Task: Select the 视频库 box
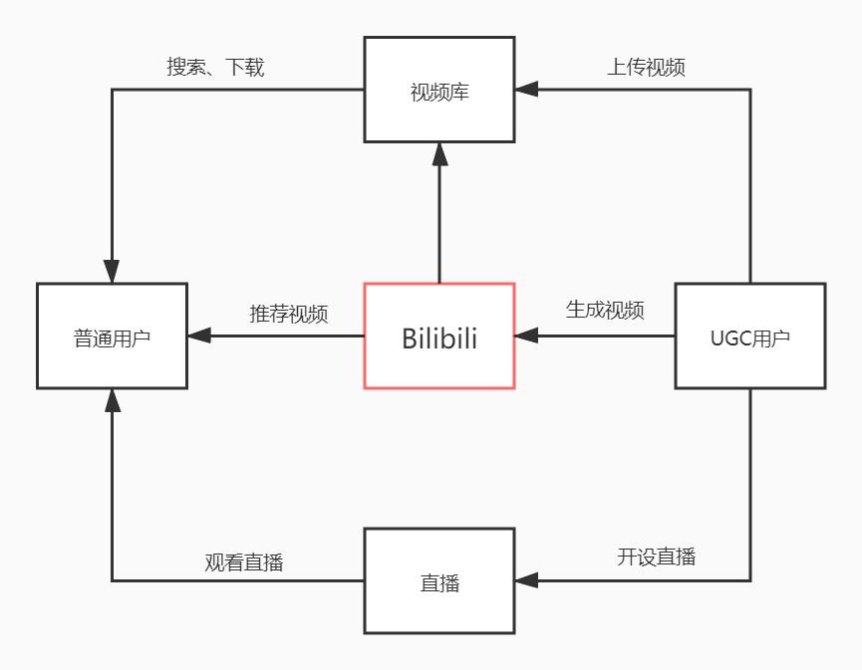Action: click(x=438, y=90)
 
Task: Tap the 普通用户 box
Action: click(x=112, y=335)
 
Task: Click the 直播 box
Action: click(x=438, y=580)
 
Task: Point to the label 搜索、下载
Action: click(x=215, y=68)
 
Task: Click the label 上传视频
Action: click(x=646, y=68)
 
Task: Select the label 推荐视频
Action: click(x=288, y=314)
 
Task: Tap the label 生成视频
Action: click(x=605, y=310)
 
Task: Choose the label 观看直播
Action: click(x=244, y=562)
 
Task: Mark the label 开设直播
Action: click(x=656, y=557)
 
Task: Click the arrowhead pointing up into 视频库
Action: click(x=438, y=153)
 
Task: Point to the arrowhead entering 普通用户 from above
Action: click(x=112, y=271)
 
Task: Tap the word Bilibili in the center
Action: click(x=438, y=338)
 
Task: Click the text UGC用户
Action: click(x=749, y=338)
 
